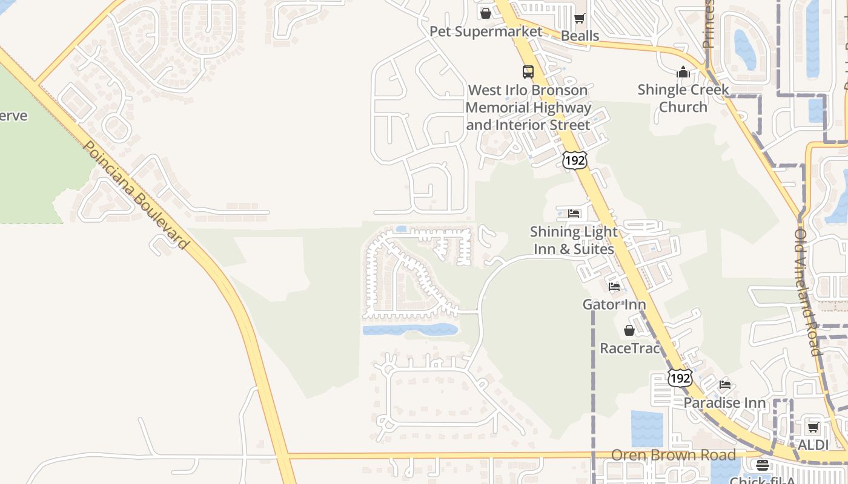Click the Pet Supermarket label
[486, 31]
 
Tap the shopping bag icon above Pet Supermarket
[486, 13]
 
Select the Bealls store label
[580, 36]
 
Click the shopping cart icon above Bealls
[580, 18]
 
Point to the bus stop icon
[528, 72]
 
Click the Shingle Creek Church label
[683, 99]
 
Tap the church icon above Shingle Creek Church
[683, 73]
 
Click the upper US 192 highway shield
[574, 160]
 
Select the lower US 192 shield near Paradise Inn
[680, 378]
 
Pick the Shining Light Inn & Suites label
[574, 240]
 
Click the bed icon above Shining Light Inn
[574, 214]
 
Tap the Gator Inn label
[614, 304]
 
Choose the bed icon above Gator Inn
[614, 286]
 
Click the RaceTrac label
[629, 348]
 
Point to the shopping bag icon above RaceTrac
[629, 330]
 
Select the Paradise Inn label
[725, 403]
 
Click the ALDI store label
[813, 445]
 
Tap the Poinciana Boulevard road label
[136, 195]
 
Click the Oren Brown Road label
[674, 455]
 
